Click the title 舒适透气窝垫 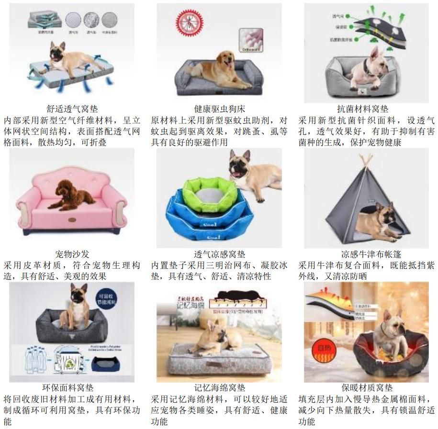tap(72, 109)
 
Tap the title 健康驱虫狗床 tap(219, 109)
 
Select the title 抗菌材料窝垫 tap(362, 109)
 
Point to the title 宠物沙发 tap(72, 254)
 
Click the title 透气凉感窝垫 tap(219, 254)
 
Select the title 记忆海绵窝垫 tap(219, 388)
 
